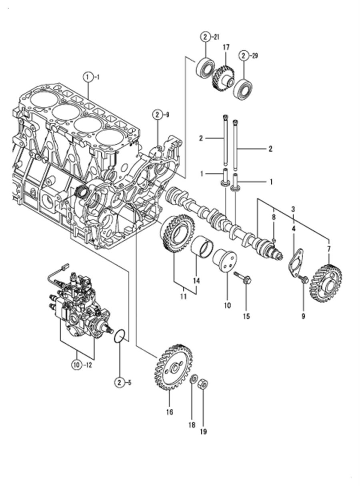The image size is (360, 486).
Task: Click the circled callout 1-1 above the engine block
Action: [x=91, y=77]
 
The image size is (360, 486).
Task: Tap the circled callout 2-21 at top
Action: [x=209, y=38]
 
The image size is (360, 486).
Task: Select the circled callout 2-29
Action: [x=248, y=56]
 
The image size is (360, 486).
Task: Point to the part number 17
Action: [x=226, y=47]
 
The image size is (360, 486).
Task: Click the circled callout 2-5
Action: [x=123, y=383]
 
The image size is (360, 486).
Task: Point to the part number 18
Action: [x=192, y=419]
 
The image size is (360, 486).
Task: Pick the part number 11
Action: [x=183, y=296]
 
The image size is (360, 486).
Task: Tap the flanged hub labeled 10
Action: [x=225, y=260]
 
